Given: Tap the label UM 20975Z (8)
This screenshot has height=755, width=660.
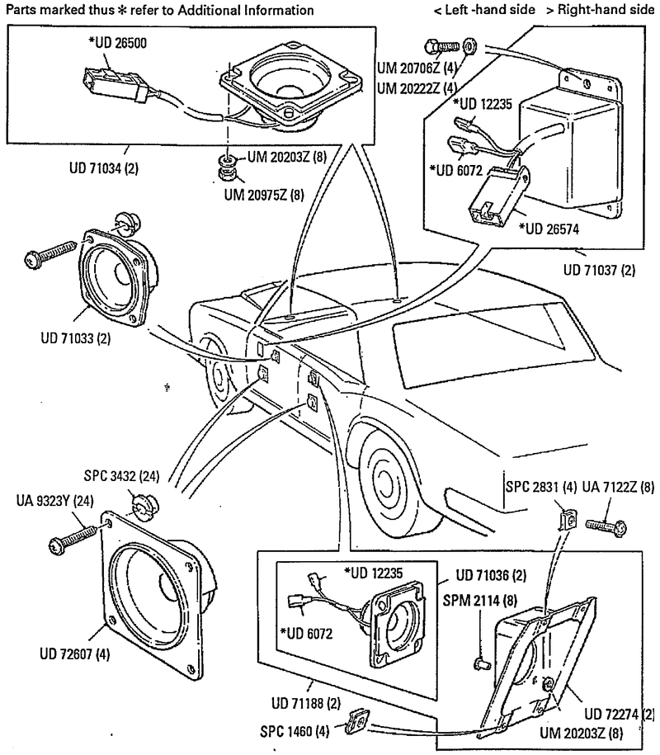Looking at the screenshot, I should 265,196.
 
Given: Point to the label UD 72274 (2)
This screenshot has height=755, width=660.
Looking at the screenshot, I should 618,714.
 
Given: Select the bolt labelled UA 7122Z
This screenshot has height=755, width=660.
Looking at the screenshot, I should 606,525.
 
